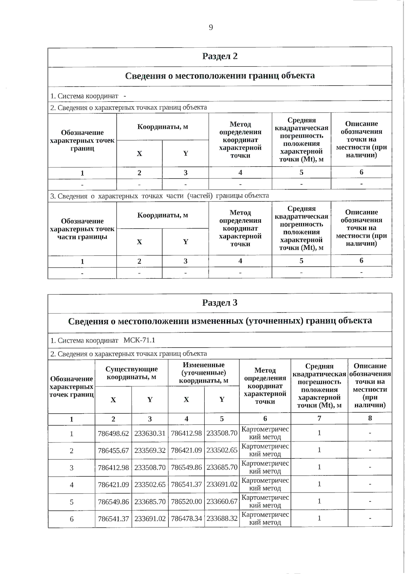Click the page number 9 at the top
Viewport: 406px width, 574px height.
coord(211,27)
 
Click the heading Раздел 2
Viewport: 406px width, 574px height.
coord(220,56)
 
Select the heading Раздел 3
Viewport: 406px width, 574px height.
coord(220,303)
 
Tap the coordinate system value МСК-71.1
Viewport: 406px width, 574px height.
coord(139,340)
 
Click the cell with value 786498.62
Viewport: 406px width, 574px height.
coord(113,433)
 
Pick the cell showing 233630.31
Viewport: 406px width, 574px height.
coord(150,433)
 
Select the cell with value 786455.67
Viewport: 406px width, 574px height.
coord(113,451)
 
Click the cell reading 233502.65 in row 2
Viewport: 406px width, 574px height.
coord(222,450)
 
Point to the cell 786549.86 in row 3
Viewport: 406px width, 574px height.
coord(186,468)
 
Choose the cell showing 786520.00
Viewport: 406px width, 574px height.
coord(186,502)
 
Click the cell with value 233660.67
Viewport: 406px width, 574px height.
coord(222,502)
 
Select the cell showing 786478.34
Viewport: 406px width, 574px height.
coord(186,519)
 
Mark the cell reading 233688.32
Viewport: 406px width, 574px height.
coord(222,519)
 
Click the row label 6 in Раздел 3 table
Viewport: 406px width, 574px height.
coord(71,519)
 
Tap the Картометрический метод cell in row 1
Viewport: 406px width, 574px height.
coord(265,433)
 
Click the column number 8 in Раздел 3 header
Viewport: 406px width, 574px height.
coord(370,418)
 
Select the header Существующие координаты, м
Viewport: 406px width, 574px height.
coord(132,373)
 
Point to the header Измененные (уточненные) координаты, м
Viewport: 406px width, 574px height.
coord(204,373)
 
